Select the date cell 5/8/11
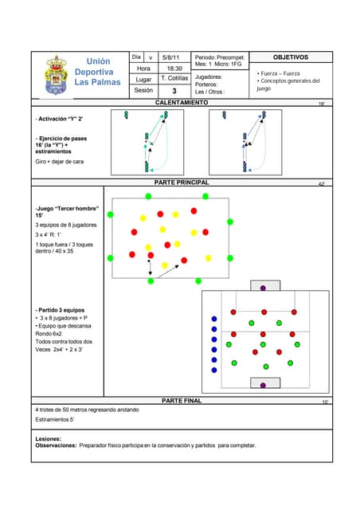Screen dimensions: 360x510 pos(171,57)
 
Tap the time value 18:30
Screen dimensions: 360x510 pos(173,69)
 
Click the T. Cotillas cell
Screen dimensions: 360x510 pos(174,80)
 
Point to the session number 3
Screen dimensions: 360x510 pos(174,92)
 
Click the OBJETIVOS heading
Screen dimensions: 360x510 pos(291,57)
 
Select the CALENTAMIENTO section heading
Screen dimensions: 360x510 pos(182,104)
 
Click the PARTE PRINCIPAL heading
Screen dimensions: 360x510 pos(182,182)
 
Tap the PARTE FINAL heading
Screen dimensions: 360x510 pos(182,401)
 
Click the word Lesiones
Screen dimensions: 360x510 pos(49,439)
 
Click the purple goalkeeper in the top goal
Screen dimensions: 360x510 pos(263,287)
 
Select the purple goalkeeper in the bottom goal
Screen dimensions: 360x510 pos(264,385)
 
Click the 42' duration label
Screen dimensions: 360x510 pos(321,184)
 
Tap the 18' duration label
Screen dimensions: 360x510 pos(321,104)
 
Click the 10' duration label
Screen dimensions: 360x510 pos(324,402)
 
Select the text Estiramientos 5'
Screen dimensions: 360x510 pos(55,419)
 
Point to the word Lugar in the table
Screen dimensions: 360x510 pos(143,80)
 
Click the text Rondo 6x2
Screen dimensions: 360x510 pos(52,334)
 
